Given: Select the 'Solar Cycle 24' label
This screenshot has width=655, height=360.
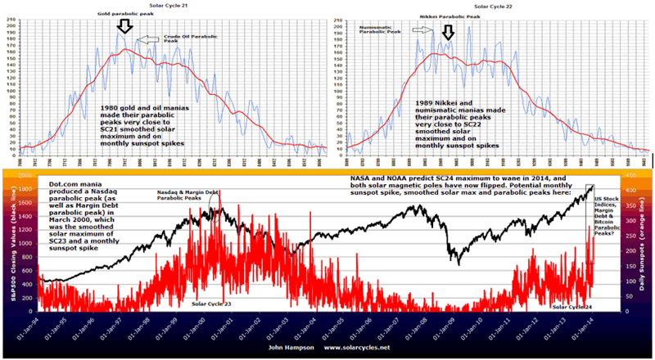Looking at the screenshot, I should [x=571, y=306].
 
